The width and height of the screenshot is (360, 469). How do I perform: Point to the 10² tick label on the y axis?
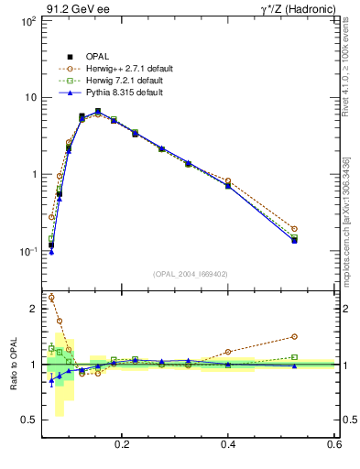27,20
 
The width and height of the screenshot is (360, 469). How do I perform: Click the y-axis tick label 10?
29,97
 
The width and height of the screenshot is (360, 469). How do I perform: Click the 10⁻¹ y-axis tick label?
27,251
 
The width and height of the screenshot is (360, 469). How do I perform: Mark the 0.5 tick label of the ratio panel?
29,420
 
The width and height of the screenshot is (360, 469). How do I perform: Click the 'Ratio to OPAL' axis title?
14,365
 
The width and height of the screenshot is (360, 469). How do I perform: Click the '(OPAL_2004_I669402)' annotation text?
191,274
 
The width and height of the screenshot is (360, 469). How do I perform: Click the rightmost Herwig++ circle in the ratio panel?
294,336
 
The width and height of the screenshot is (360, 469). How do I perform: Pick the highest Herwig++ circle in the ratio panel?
51,298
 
